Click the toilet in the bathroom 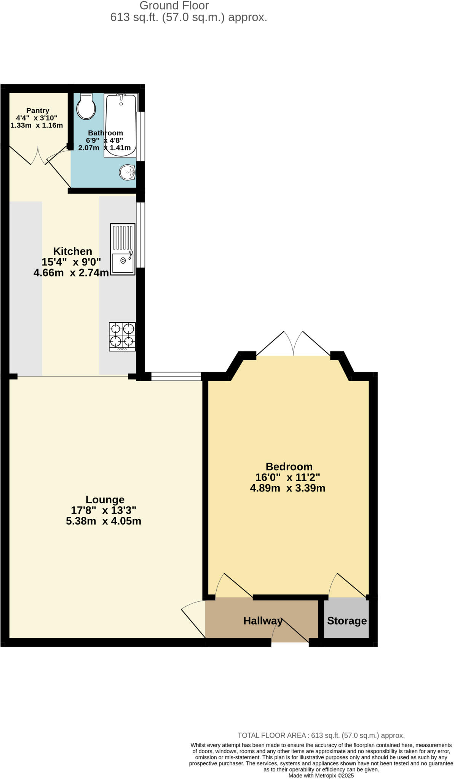coord(86,107)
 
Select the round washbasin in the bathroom coord(127,173)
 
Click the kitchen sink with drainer coord(123,249)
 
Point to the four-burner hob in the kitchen coord(122,336)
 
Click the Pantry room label coord(38,111)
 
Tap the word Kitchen coord(72,251)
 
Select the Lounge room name coord(105,499)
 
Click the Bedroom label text coord(289,466)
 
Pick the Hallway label coord(263,621)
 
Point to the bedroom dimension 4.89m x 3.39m coord(287,488)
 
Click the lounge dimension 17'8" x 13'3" coord(104,510)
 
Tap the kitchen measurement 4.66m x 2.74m coord(71,273)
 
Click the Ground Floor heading coord(174,6)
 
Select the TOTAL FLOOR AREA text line coord(321,735)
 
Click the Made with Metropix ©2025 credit coord(321,775)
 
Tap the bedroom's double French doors coord(293,344)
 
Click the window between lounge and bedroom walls coord(176,377)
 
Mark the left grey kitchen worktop coord(26,288)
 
